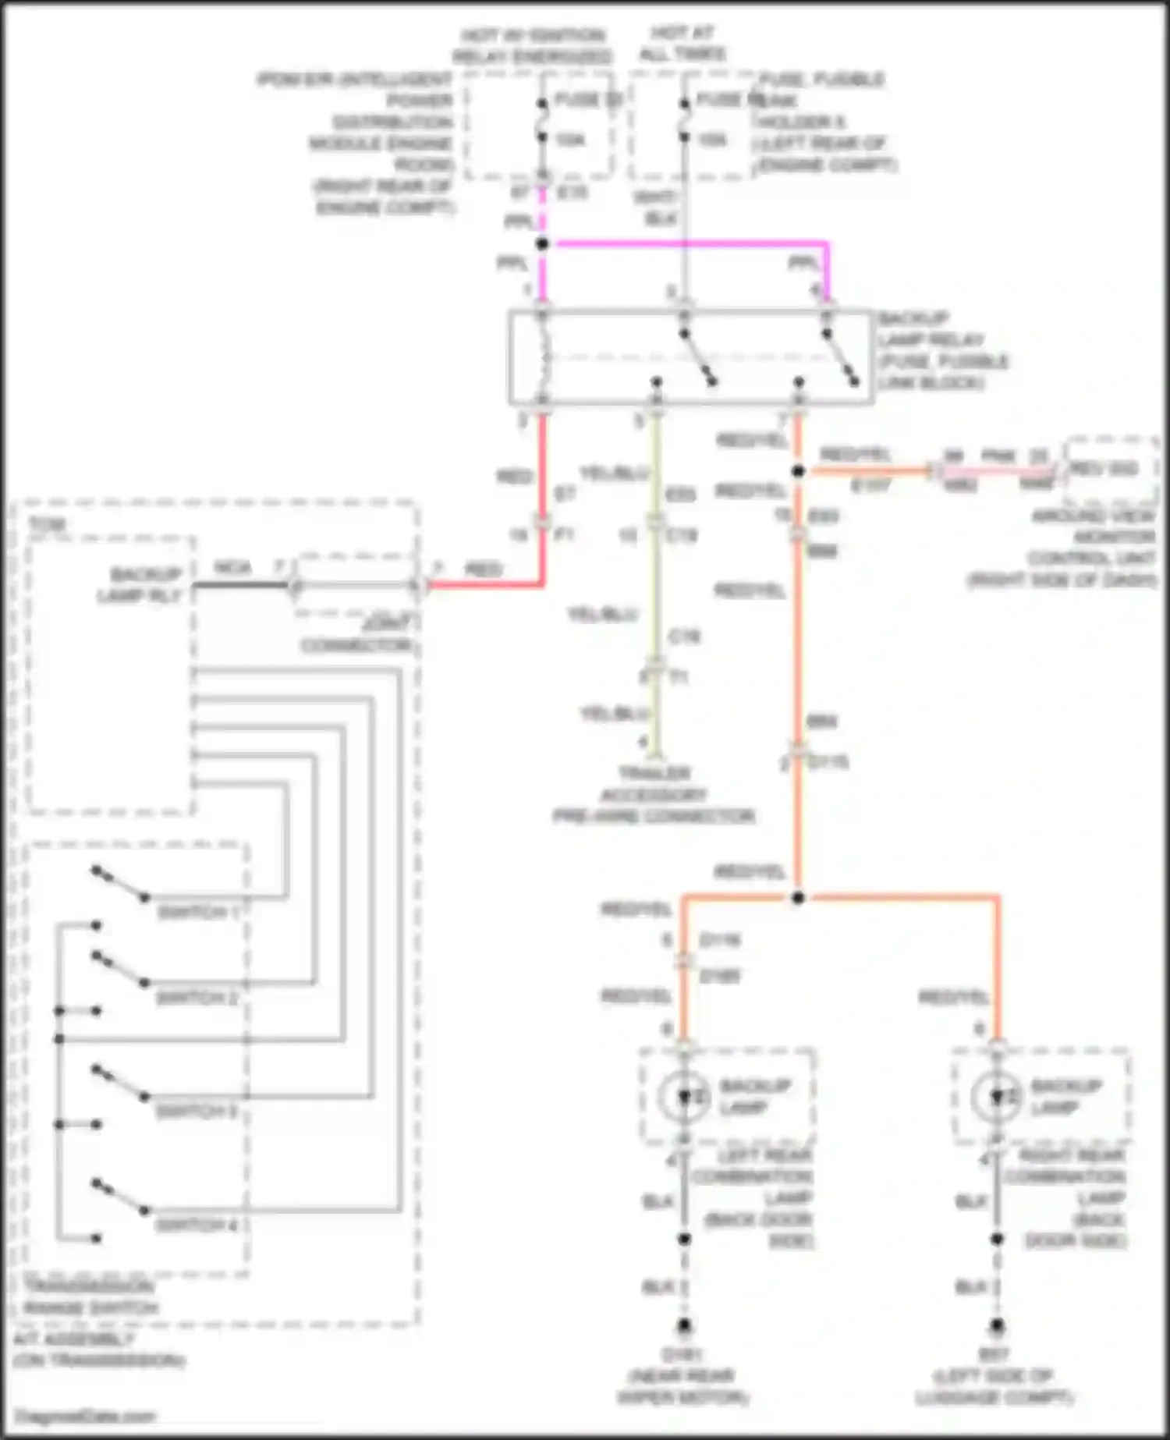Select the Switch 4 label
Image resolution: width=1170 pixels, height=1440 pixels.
click(x=197, y=1225)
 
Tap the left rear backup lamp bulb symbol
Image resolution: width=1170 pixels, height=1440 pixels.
click(x=684, y=1097)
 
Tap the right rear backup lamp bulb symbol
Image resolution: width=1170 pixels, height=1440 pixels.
click(x=997, y=1097)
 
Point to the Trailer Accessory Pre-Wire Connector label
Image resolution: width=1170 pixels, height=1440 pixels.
click(x=654, y=795)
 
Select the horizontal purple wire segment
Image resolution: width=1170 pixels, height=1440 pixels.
click(x=686, y=243)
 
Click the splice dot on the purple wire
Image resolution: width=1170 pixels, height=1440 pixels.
click(x=542, y=243)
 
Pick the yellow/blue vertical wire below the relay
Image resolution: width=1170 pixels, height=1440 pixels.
click(x=656, y=593)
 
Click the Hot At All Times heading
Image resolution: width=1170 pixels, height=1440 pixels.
click(x=683, y=43)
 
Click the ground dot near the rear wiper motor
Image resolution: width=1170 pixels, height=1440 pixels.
click(x=684, y=1325)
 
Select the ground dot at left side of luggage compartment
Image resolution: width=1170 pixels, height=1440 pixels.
click(x=997, y=1325)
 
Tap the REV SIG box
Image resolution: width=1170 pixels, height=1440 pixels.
click(x=1111, y=470)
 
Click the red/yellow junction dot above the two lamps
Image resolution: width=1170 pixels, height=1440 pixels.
click(x=797, y=899)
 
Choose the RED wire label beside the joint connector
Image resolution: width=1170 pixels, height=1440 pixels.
click(x=482, y=569)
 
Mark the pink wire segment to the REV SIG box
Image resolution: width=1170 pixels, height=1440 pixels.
click(x=998, y=471)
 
